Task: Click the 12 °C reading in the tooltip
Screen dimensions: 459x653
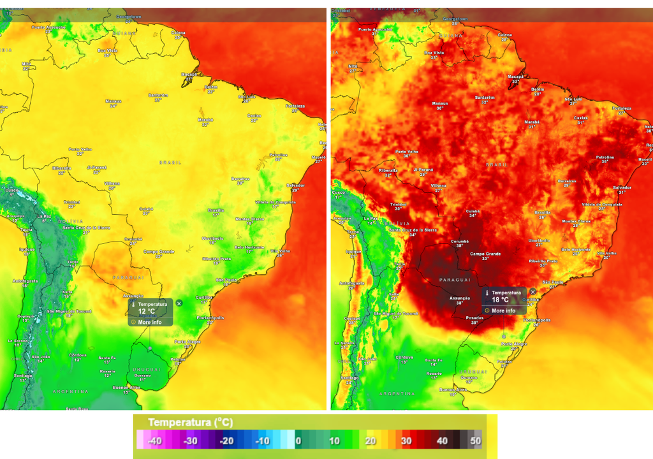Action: click(x=146, y=312)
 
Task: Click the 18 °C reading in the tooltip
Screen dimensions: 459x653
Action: click(x=500, y=300)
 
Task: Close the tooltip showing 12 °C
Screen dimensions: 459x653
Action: click(x=179, y=303)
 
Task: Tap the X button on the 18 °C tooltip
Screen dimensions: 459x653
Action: click(x=533, y=292)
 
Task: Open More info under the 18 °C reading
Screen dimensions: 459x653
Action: click(x=503, y=310)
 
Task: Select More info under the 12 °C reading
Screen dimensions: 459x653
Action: click(x=149, y=322)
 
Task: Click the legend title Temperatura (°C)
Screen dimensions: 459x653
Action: click(x=191, y=423)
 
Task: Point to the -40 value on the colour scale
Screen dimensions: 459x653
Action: click(x=154, y=441)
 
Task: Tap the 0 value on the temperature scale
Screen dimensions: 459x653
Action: click(x=298, y=441)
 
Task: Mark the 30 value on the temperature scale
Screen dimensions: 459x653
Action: click(x=406, y=441)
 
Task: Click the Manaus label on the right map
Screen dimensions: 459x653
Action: click(x=440, y=104)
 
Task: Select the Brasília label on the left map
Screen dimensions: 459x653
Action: click(x=216, y=210)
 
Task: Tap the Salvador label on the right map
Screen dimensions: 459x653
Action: click(x=622, y=187)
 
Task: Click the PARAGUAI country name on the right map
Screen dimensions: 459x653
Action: click(x=455, y=279)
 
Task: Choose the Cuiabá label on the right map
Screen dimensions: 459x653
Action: click(x=473, y=210)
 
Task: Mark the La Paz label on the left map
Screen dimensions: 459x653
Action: click(x=44, y=216)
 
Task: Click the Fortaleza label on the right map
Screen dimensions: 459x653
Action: click(x=622, y=108)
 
